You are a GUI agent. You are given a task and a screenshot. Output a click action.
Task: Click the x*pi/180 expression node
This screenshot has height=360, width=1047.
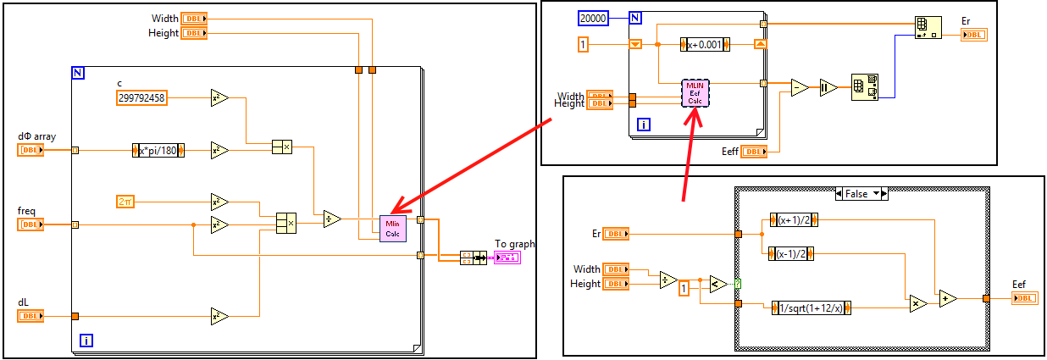[x=159, y=150]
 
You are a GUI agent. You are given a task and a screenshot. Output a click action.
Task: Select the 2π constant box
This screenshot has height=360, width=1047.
[x=126, y=201]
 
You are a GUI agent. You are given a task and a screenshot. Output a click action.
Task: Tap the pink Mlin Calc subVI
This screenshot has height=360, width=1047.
[x=394, y=228]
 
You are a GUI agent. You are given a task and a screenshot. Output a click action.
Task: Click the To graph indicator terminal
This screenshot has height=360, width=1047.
[x=508, y=257]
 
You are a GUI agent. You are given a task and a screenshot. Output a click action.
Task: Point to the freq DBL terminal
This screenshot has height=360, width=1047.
[x=30, y=224]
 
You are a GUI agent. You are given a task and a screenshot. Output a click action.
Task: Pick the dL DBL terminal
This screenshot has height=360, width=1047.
[x=30, y=316]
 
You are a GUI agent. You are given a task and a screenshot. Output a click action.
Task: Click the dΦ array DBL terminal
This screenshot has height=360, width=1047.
[x=30, y=150]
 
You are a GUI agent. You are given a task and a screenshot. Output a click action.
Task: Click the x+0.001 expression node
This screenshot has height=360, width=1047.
[x=705, y=44]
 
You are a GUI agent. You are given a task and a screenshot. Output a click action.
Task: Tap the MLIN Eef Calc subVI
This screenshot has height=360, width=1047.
[x=695, y=93]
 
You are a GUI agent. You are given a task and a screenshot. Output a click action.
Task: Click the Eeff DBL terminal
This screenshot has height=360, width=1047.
[x=754, y=152]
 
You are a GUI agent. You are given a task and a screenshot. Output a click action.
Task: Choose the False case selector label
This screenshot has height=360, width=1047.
[x=861, y=194]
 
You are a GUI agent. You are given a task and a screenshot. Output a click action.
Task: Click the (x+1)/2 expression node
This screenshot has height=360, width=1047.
[x=791, y=219]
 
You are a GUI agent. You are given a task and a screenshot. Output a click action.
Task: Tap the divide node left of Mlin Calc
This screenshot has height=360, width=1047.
[x=332, y=219]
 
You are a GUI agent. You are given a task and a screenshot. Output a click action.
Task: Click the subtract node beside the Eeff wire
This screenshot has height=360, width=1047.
[x=799, y=87]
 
